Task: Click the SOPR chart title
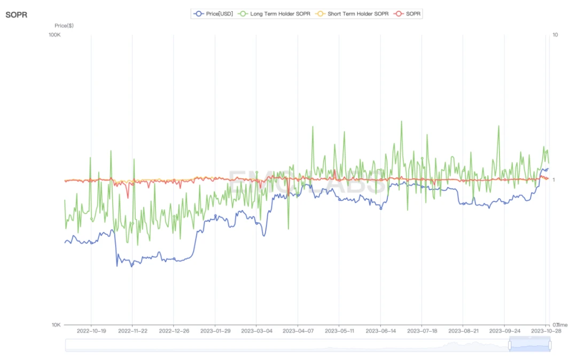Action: pyautogui.click(x=16, y=14)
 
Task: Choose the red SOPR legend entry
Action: pyautogui.click(x=412, y=13)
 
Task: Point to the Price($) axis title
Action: pyautogui.click(x=64, y=25)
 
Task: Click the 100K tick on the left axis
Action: pyautogui.click(x=55, y=35)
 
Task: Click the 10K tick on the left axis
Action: pyautogui.click(x=56, y=325)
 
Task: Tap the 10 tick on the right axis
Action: pyautogui.click(x=555, y=35)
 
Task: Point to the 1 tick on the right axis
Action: pyautogui.click(x=554, y=180)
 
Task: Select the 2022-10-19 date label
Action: pyautogui.click(x=91, y=331)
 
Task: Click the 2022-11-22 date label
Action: pyautogui.click(x=132, y=331)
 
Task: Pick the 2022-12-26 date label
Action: pyautogui.click(x=174, y=331)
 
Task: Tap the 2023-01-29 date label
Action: pyautogui.click(x=215, y=331)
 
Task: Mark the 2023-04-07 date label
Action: pyautogui.click(x=298, y=331)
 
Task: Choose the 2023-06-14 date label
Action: pyautogui.click(x=380, y=331)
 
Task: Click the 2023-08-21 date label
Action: pyautogui.click(x=463, y=331)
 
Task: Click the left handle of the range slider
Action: pyautogui.click(x=510, y=345)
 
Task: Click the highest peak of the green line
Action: pyautogui.click(x=401, y=121)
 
